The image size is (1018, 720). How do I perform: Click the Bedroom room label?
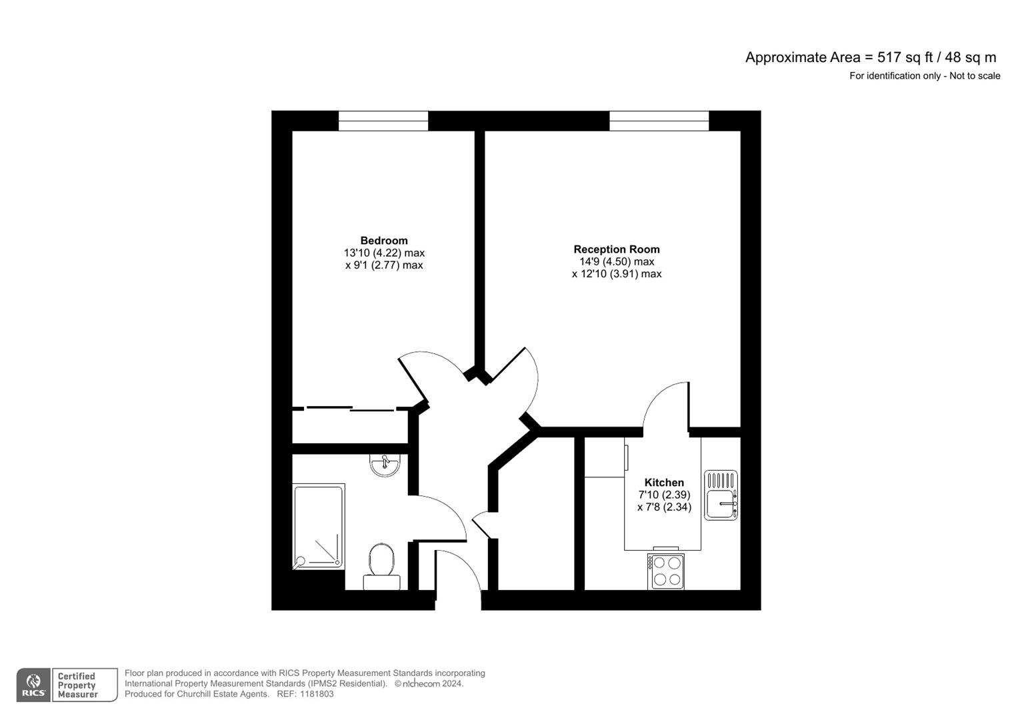coord(383,241)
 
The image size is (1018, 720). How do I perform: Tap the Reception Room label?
coord(616,249)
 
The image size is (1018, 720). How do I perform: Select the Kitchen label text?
coord(664,483)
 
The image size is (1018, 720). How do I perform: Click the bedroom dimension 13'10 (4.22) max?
coord(384,253)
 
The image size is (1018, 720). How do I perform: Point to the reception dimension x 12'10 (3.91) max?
coord(617,274)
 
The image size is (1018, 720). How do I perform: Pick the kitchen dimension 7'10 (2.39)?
coord(664,495)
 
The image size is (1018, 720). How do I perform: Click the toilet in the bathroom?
coord(381,564)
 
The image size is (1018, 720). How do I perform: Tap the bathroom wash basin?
coord(385,465)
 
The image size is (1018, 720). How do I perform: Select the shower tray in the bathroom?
coord(319,527)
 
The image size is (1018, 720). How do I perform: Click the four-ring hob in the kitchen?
coord(665,571)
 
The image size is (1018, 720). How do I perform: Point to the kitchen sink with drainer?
coord(721,495)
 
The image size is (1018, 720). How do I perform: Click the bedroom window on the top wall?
coord(383,121)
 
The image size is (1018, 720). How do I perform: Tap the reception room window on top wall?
coord(659,121)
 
